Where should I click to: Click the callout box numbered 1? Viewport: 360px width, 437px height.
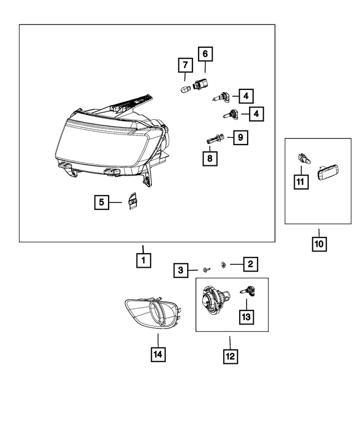[143, 260]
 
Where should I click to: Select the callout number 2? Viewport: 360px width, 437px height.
[250, 263]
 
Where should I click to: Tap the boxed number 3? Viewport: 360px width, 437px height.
[181, 271]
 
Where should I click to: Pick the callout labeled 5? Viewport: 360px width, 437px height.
[102, 202]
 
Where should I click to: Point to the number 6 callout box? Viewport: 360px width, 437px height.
[204, 54]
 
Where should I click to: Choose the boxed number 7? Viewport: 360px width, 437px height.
[184, 66]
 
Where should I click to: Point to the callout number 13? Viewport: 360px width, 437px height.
[246, 317]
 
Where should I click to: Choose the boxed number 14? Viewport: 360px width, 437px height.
[158, 354]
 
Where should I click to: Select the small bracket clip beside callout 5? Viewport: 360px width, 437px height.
[133, 201]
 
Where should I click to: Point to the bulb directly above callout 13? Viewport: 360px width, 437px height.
[245, 291]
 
